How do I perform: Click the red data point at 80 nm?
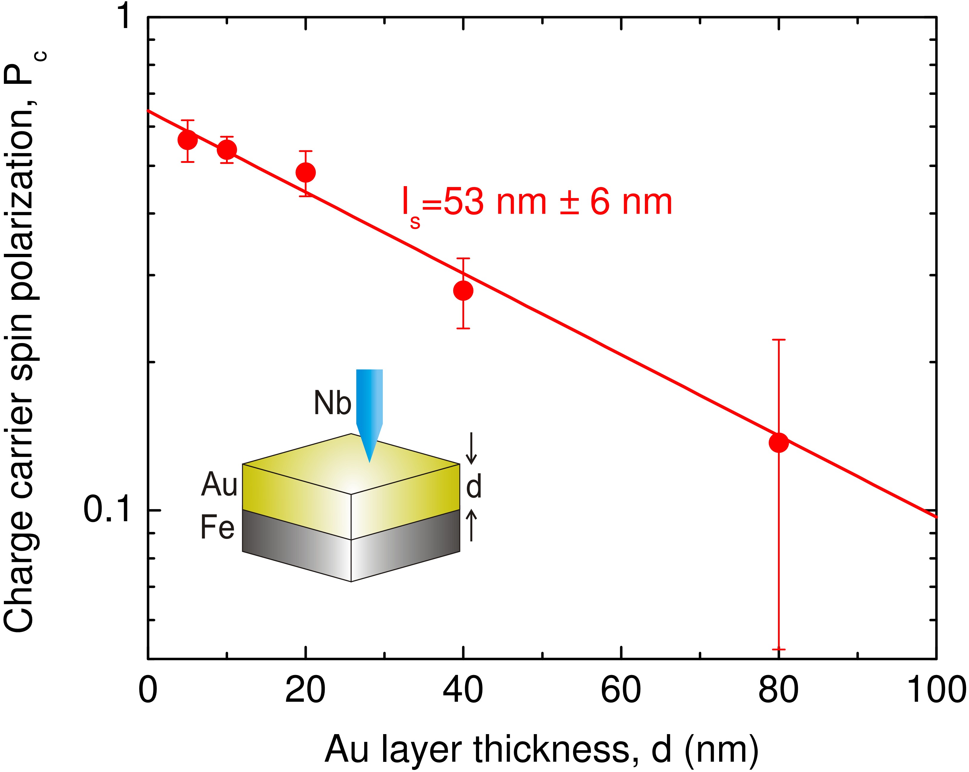tap(778, 442)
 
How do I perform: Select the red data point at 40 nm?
tap(463, 291)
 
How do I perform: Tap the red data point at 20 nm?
tap(306, 172)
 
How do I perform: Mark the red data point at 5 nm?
tap(188, 140)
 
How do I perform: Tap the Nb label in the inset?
tap(332, 403)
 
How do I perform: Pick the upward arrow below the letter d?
tap(471, 526)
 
